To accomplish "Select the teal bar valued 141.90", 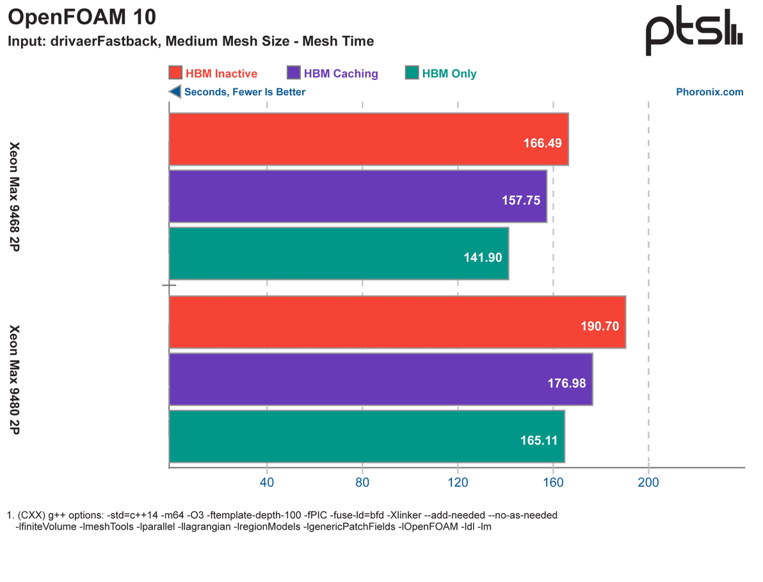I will (x=339, y=253).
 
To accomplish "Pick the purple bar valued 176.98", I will (x=380, y=379).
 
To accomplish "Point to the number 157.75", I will (x=521, y=200).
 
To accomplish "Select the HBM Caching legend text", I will (x=341, y=74).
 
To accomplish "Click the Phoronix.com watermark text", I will (x=711, y=92).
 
